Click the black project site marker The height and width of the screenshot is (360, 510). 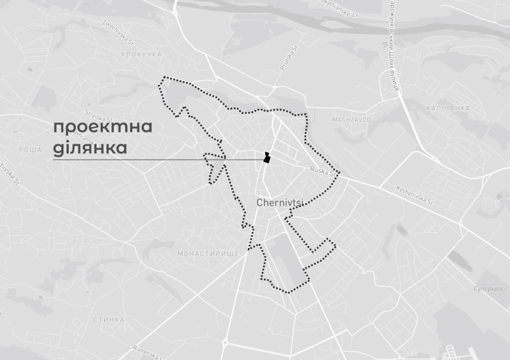coord(267,158)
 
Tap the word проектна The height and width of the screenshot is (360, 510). coord(103,127)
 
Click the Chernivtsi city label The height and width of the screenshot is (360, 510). coord(280,203)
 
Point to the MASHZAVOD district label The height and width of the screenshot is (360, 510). coord(352,120)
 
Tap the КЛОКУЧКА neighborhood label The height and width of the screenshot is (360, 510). coord(141,54)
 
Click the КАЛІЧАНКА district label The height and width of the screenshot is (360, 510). coord(448,108)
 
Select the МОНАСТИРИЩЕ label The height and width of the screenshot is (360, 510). coord(208,254)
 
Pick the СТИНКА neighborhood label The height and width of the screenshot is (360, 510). coord(109,320)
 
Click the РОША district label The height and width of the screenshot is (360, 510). coord(30,150)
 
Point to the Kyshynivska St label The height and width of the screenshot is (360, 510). coord(415,195)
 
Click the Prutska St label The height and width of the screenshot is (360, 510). coord(289,58)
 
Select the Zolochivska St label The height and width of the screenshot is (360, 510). coord(118,32)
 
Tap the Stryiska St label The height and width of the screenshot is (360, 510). coord(98,116)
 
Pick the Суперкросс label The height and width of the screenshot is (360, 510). coord(490,289)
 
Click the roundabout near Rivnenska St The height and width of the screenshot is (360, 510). coord(225,343)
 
